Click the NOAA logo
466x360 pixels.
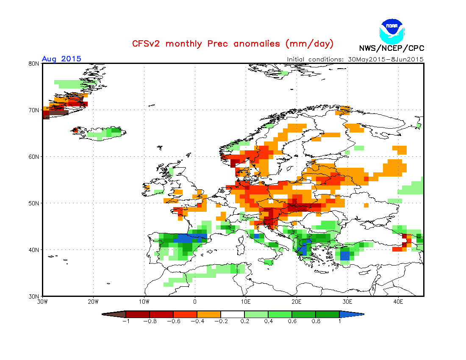392,30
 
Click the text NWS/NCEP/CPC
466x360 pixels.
391,48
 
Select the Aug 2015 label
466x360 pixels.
61,59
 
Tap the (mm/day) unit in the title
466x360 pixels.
309,44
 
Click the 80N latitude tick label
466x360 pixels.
34,64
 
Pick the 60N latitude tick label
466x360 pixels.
34,157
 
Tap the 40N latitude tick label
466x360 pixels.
34,250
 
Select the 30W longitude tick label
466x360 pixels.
42,302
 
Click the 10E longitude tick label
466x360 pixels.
245,302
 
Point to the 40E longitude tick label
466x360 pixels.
398,302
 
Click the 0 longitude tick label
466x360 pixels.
195,302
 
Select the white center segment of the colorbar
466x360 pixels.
233,314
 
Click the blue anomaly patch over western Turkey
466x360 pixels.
345,255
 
